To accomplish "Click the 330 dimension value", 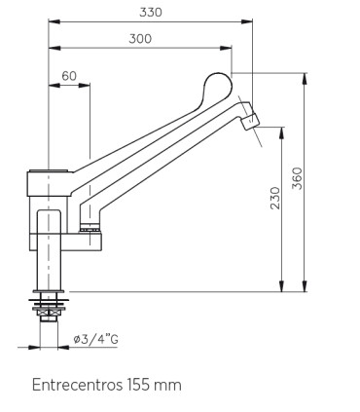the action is point(151,13).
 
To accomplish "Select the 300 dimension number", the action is point(140,39).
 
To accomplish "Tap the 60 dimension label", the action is point(69,76).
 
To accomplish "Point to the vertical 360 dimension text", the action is point(297,178).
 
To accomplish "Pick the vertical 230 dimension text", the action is point(275,198).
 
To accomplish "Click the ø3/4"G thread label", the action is point(96,340).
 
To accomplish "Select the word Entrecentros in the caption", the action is point(77,385).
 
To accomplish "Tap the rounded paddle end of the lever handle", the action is point(219,87).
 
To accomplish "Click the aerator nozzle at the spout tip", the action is point(251,122).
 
